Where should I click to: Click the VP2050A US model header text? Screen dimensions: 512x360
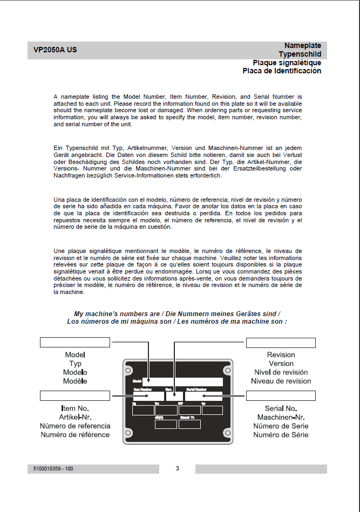pos(55,51)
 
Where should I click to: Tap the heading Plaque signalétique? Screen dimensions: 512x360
pos(287,63)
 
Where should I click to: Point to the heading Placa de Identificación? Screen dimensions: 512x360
pos(282,71)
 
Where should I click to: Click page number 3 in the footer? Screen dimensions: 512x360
pos(177,468)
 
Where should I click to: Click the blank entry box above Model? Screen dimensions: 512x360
pos(75,343)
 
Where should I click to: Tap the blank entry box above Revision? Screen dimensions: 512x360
pos(281,343)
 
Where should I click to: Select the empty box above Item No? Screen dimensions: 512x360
pos(75,396)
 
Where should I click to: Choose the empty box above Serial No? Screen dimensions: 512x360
pos(281,396)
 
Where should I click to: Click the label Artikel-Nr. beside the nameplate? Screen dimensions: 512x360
pos(75,418)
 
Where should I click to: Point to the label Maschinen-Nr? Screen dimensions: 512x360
pos(281,418)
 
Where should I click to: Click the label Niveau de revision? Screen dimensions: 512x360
pos(281,381)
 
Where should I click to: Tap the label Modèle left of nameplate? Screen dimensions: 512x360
pos(75,381)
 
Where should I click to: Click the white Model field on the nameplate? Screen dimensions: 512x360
pos(182,381)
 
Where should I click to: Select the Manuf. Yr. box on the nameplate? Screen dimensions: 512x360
pos(189,424)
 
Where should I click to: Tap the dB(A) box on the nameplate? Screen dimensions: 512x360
pos(165,424)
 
